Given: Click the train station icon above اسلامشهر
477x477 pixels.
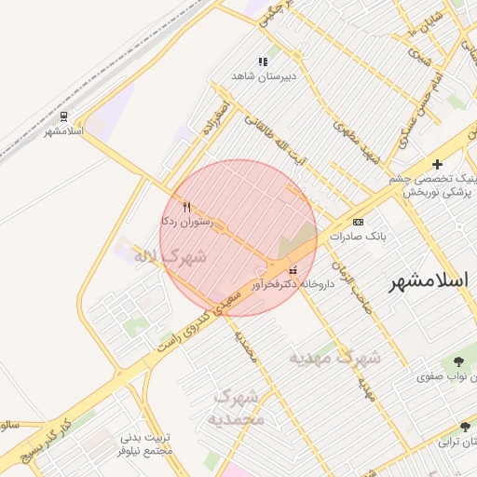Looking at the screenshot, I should point(63,116).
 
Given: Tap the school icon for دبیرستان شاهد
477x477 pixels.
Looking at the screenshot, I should point(263,61).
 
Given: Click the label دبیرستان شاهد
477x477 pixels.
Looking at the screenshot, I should point(265,76).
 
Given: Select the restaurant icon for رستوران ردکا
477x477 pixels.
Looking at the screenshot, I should point(187,207).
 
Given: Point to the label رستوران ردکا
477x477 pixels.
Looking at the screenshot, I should point(187,222).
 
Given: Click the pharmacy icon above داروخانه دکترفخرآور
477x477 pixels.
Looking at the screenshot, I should point(280,270).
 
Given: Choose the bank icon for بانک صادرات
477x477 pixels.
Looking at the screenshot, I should point(359,222).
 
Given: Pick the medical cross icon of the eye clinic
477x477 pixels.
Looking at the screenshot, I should point(437,164).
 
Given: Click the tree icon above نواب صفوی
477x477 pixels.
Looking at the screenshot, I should point(457,361).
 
